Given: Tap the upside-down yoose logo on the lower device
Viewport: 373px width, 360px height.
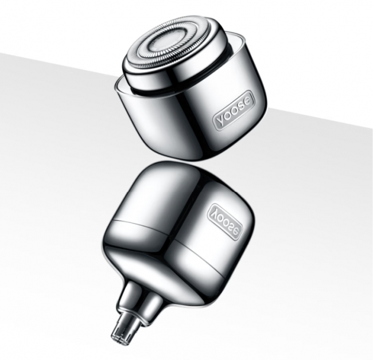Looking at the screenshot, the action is click(x=226, y=217).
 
